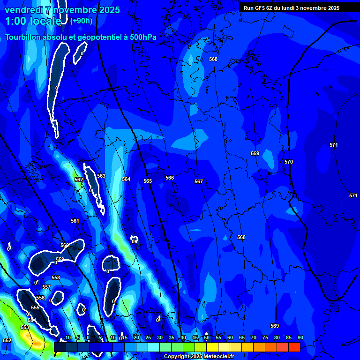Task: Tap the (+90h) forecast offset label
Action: point(81,21)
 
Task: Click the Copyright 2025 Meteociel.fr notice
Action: point(199,357)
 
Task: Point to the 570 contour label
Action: point(289,162)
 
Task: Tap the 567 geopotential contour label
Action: point(199,181)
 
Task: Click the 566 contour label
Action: point(170,178)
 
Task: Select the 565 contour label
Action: point(148,181)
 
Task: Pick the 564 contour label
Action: point(126,179)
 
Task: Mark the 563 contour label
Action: point(101,176)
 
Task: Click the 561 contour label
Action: point(75,221)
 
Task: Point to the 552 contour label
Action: point(7,340)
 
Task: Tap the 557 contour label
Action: point(46,287)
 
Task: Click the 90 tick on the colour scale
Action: point(300,337)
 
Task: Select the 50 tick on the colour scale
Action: point(207,337)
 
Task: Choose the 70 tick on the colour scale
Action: point(254,337)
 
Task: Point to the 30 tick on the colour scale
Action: point(160,337)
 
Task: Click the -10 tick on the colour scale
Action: point(67,337)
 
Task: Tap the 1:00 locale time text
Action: point(33,21)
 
